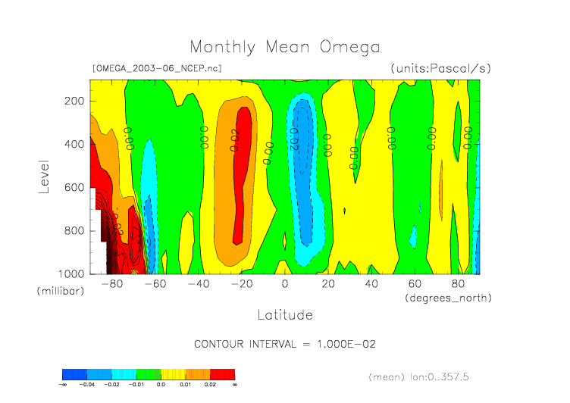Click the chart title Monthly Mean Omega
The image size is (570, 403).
click(284, 47)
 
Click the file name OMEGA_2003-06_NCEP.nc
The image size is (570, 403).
click(156, 68)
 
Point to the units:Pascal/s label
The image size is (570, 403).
click(441, 68)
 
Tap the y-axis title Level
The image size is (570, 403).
click(44, 175)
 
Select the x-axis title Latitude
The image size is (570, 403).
click(284, 314)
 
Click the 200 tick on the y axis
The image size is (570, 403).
click(75, 101)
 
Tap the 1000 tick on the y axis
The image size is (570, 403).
click(72, 273)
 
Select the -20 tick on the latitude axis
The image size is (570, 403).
click(242, 284)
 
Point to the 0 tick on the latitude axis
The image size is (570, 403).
click(285, 284)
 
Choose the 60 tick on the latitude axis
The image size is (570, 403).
click(415, 284)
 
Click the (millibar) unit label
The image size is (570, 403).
click(58, 291)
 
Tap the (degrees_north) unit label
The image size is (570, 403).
click(448, 298)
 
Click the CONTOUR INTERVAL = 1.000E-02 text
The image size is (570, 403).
click(285, 344)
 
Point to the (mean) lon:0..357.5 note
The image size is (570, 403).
click(429, 376)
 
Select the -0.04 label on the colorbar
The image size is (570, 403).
click(87, 385)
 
